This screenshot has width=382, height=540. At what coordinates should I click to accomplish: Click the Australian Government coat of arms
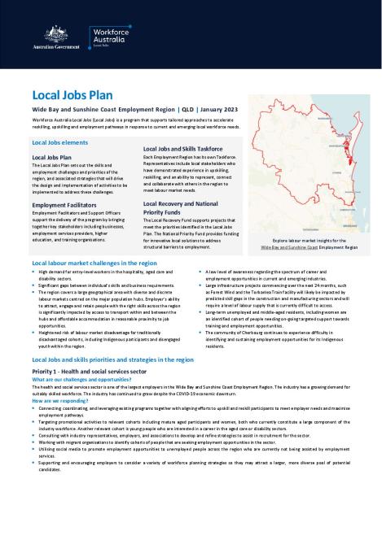[x=39, y=33]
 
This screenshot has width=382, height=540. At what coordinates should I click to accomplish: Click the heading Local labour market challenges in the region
[x=94, y=265]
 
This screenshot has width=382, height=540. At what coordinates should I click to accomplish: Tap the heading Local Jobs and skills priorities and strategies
[x=112, y=359]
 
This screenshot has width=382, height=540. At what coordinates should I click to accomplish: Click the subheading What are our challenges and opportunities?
[x=81, y=380]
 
